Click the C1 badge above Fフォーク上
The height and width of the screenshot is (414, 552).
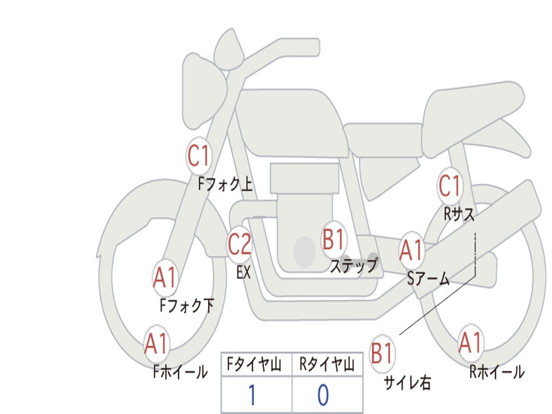(x=198, y=156)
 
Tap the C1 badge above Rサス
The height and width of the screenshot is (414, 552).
(x=450, y=185)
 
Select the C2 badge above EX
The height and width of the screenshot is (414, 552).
(x=239, y=244)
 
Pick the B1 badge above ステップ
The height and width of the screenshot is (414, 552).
(x=333, y=239)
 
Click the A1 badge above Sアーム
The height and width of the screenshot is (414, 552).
(x=411, y=250)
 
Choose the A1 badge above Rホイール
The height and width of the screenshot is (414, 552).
(x=471, y=342)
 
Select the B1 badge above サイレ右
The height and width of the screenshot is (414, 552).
(x=382, y=353)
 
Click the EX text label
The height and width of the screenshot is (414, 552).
(x=244, y=272)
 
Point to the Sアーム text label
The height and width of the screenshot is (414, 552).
(x=429, y=279)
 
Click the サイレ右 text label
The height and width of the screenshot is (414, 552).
(x=408, y=383)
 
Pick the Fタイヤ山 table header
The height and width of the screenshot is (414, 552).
(x=254, y=364)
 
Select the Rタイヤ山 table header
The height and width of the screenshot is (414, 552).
(x=327, y=364)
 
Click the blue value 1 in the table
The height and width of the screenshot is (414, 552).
(x=252, y=395)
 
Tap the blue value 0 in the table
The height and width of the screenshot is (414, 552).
(x=323, y=395)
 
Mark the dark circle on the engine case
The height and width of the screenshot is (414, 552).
(x=305, y=251)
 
